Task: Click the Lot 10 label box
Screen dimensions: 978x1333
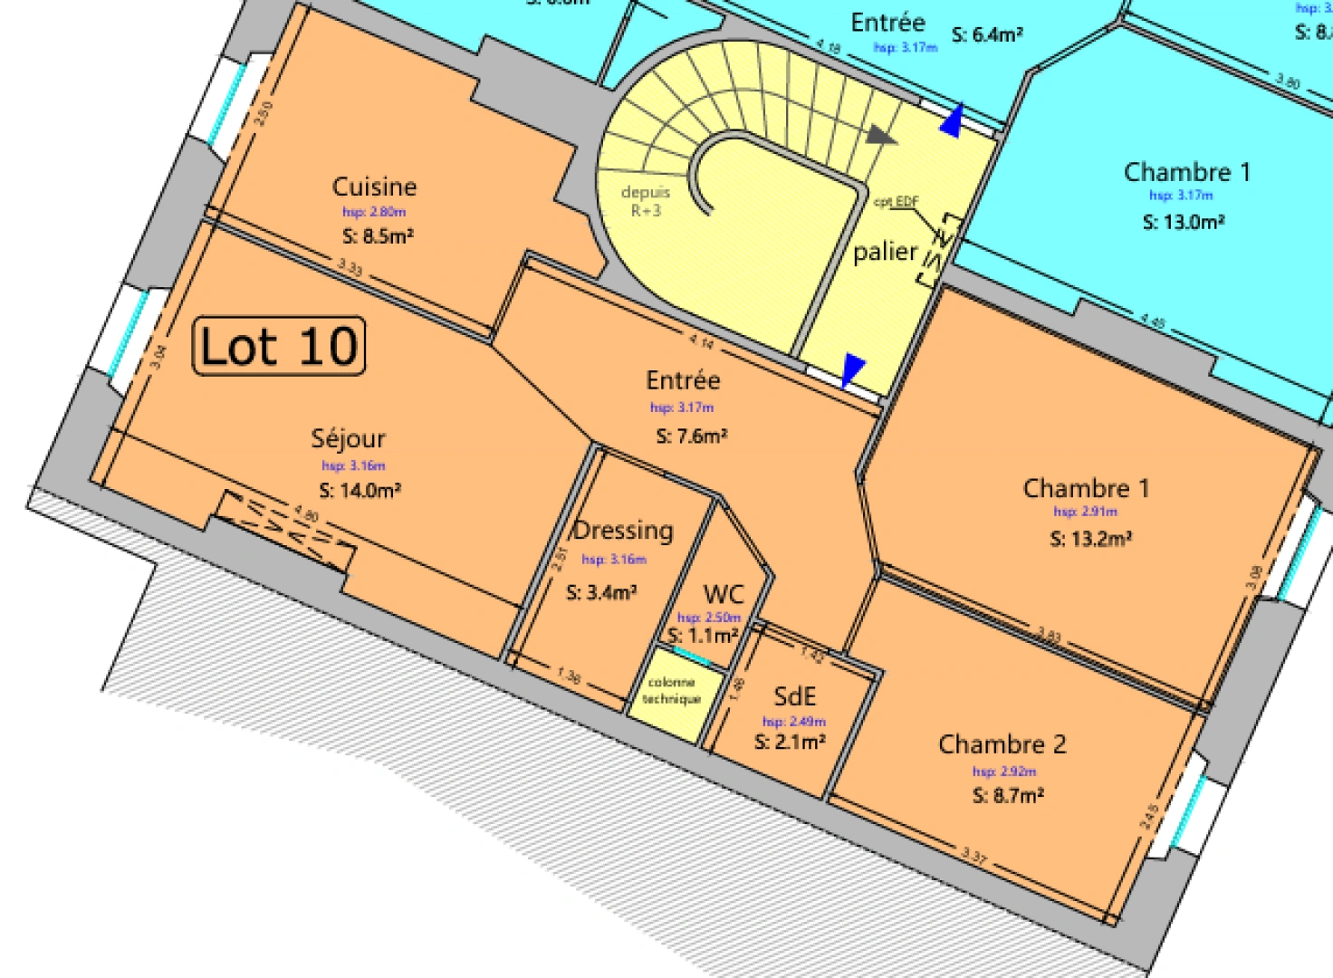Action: tap(279, 346)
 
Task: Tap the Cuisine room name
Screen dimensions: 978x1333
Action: tap(374, 187)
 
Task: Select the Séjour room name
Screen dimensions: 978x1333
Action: tap(349, 439)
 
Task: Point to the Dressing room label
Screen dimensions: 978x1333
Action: tap(624, 531)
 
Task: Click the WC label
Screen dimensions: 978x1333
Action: tap(724, 594)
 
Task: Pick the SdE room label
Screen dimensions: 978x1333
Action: tap(794, 695)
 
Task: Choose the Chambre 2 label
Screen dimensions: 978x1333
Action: tap(1002, 744)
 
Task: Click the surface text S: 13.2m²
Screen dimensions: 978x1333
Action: tap(1090, 539)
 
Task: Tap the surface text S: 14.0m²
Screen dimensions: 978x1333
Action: tap(360, 490)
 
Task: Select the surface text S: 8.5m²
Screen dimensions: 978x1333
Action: tap(378, 235)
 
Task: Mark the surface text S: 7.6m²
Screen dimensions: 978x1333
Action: tap(692, 436)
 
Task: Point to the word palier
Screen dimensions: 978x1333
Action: tap(885, 251)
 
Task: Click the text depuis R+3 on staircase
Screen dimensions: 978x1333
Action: tap(646, 201)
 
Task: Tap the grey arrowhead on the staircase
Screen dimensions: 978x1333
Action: tap(879, 136)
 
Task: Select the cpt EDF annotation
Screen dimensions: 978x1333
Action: tap(897, 201)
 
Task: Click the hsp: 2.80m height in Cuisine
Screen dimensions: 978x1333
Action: tap(374, 212)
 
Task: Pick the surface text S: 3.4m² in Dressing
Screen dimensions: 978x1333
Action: tap(601, 592)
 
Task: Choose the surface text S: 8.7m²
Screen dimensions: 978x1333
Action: tap(1008, 795)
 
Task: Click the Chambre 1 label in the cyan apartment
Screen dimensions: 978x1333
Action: tap(1186, 172)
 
